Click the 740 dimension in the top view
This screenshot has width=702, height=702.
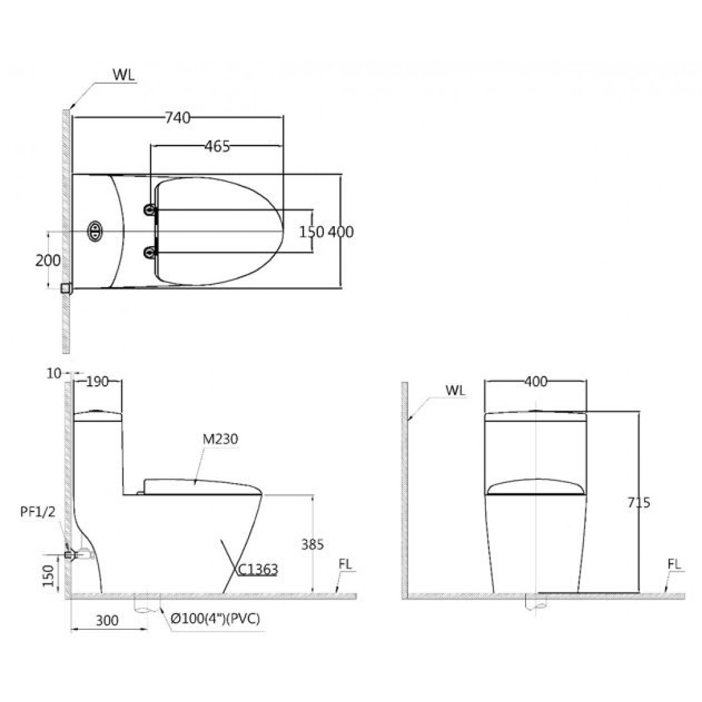pyautogui.click(x=178, y=118)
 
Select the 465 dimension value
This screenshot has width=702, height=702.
pyautogui.click(x=217, y=146)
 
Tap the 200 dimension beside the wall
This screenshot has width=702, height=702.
pyautogui.click(x=48, y=260)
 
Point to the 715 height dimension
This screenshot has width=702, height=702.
pyautogui.click(x=638, y=503)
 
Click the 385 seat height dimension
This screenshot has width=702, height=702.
pyautogui.click(x=312, y=544)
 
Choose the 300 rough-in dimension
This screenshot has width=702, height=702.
pyautogui.click(x=107, y=620)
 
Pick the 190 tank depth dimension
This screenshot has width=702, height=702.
pyautogui.click(x=97, y=381)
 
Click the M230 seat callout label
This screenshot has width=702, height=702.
pyautogui.click(x=220, y=439)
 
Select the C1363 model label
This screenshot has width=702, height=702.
pyautogui.click(x=258, y=569)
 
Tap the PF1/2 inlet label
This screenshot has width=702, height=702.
pyautogui.click(x=38, y=511)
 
